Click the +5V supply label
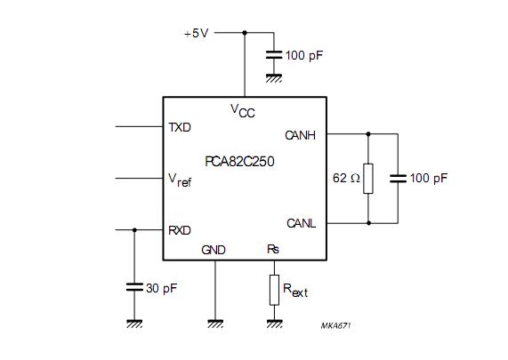click(x=196, y=33)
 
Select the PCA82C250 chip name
click(x=239, y=162)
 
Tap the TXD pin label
click(x=180, y=127)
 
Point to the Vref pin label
click(x=180, y=180)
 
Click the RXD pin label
click(x=180, y=230)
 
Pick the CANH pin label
click(x=301, y=135)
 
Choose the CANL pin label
click(x=302, y=223)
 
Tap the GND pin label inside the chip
click(x=214, y=250)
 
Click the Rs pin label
click(x=273, y=249)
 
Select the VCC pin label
click(x=243, y=111)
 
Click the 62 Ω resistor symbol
click(x=368, y=179)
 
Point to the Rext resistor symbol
click(x=274, y=290)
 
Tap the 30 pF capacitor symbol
click(x=134, y=287)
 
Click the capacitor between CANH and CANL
click(x=398, y=179)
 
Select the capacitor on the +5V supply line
click(x=274, y=55)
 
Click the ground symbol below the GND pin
click(x=215, y=324)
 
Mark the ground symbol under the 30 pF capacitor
click(x=134, y=324)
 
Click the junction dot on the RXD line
click(x=134, y=230)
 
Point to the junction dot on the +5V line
click(x=245, y=33)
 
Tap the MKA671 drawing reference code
click(x=335, y=325)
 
